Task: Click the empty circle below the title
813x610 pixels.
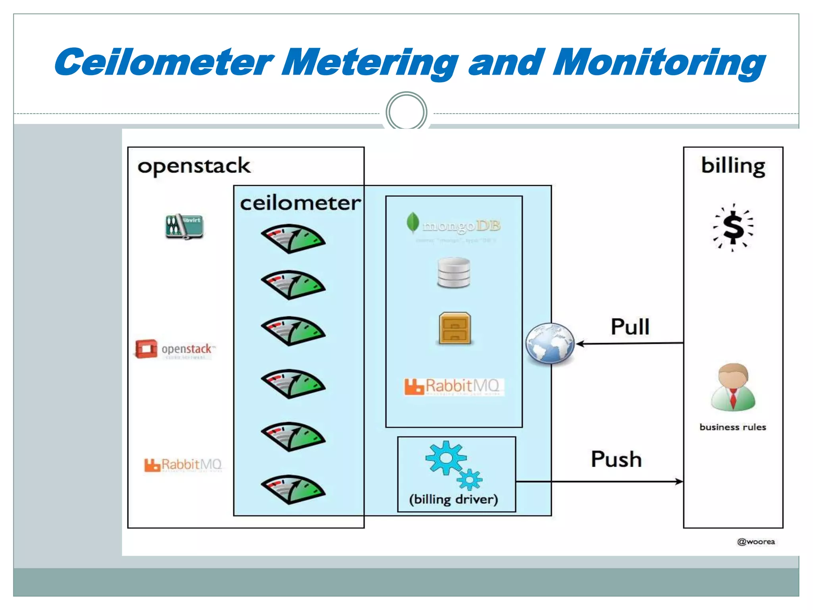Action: (x=406, y=112)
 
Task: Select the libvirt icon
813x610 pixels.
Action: (x=184, y=226)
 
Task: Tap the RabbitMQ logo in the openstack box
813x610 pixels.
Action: (x=183, y=464)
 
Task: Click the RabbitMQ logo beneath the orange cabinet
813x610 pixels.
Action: (x=453, y=386)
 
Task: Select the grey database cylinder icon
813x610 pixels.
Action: (x=454, y=272)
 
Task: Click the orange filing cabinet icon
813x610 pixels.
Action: (x=455, y=328)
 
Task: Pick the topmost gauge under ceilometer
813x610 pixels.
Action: (x=293, y=239)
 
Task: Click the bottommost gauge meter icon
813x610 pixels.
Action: (x=293, y=489)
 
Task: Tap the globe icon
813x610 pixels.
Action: (x=550, y=344)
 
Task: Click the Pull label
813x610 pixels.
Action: (x=630, y=326)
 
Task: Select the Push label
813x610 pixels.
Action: (x=616, y=459)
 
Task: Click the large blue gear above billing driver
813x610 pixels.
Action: (x=445, y=458)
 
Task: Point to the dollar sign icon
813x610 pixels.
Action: (x=733, y=228)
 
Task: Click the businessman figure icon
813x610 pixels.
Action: (x=733, y=387)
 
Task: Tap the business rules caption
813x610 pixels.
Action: (x=732, y=427)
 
